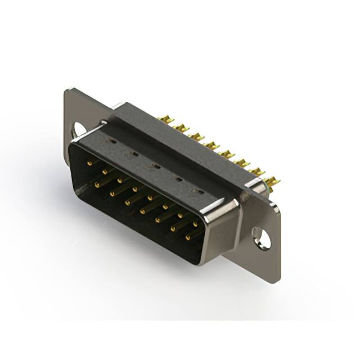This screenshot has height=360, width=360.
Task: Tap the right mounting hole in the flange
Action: click(262, 237)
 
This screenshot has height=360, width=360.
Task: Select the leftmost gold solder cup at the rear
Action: click(165, 119)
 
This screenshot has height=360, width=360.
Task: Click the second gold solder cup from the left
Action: click(181, 128)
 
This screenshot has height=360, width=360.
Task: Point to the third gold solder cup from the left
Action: click(196, 137)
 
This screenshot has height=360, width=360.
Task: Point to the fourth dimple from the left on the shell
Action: click(178, 179)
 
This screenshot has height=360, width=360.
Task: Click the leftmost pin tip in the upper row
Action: click(89, 163)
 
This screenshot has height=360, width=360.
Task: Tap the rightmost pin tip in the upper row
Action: click(195, 224)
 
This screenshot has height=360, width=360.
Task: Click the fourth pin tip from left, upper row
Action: click(134, 189)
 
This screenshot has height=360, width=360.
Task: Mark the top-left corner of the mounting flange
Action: click(67, 90)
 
